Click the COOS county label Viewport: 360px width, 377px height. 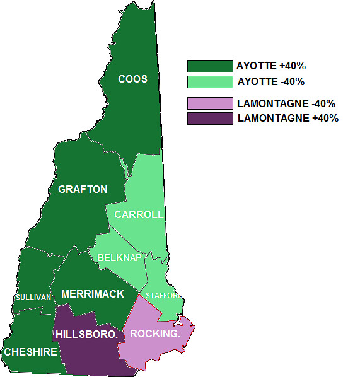pyautogui.click(x=133, y=79)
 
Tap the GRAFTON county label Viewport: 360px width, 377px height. pyautogui.click(x=83, y=189)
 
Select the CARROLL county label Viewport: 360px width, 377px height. pyautogui.click(x=139, y=214)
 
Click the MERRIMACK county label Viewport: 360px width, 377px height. pyautogui.click(x=93, y=294)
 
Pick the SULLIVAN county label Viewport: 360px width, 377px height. pyautogui.click(x=33, y=298)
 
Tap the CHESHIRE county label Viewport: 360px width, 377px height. pyautogui.click(x=31, y=352)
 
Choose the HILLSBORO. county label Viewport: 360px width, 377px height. pyautogui.click(x=86, y=333)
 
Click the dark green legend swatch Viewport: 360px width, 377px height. pyautogui.click(x=210, y=66)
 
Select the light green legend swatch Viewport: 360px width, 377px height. pyautogui.click(x=210, y=81)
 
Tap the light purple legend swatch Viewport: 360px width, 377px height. pyautogui.click(x=210, y=103)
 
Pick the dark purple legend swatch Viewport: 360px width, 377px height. pyautogui.click(x=210, y=118)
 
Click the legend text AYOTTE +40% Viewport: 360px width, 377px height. pyautogui.click(x=270, y=66)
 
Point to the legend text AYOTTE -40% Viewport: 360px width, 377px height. pyautogui.click(x=270, y=81)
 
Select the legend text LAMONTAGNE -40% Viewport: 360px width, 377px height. pyautogui.click(x=286, y=103)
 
